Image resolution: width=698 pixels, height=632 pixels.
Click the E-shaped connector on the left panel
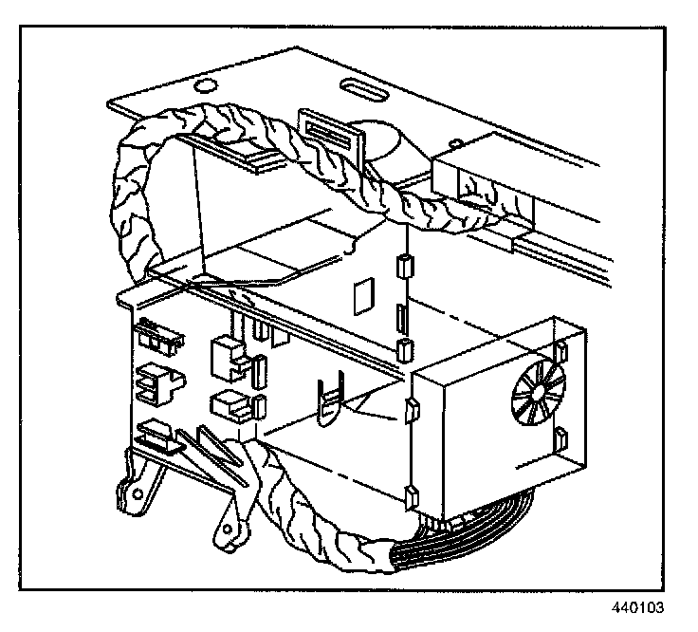pyautogui.click(x=153, y=381)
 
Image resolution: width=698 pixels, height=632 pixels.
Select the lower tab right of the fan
pyautogui.click(x=560, y=439)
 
